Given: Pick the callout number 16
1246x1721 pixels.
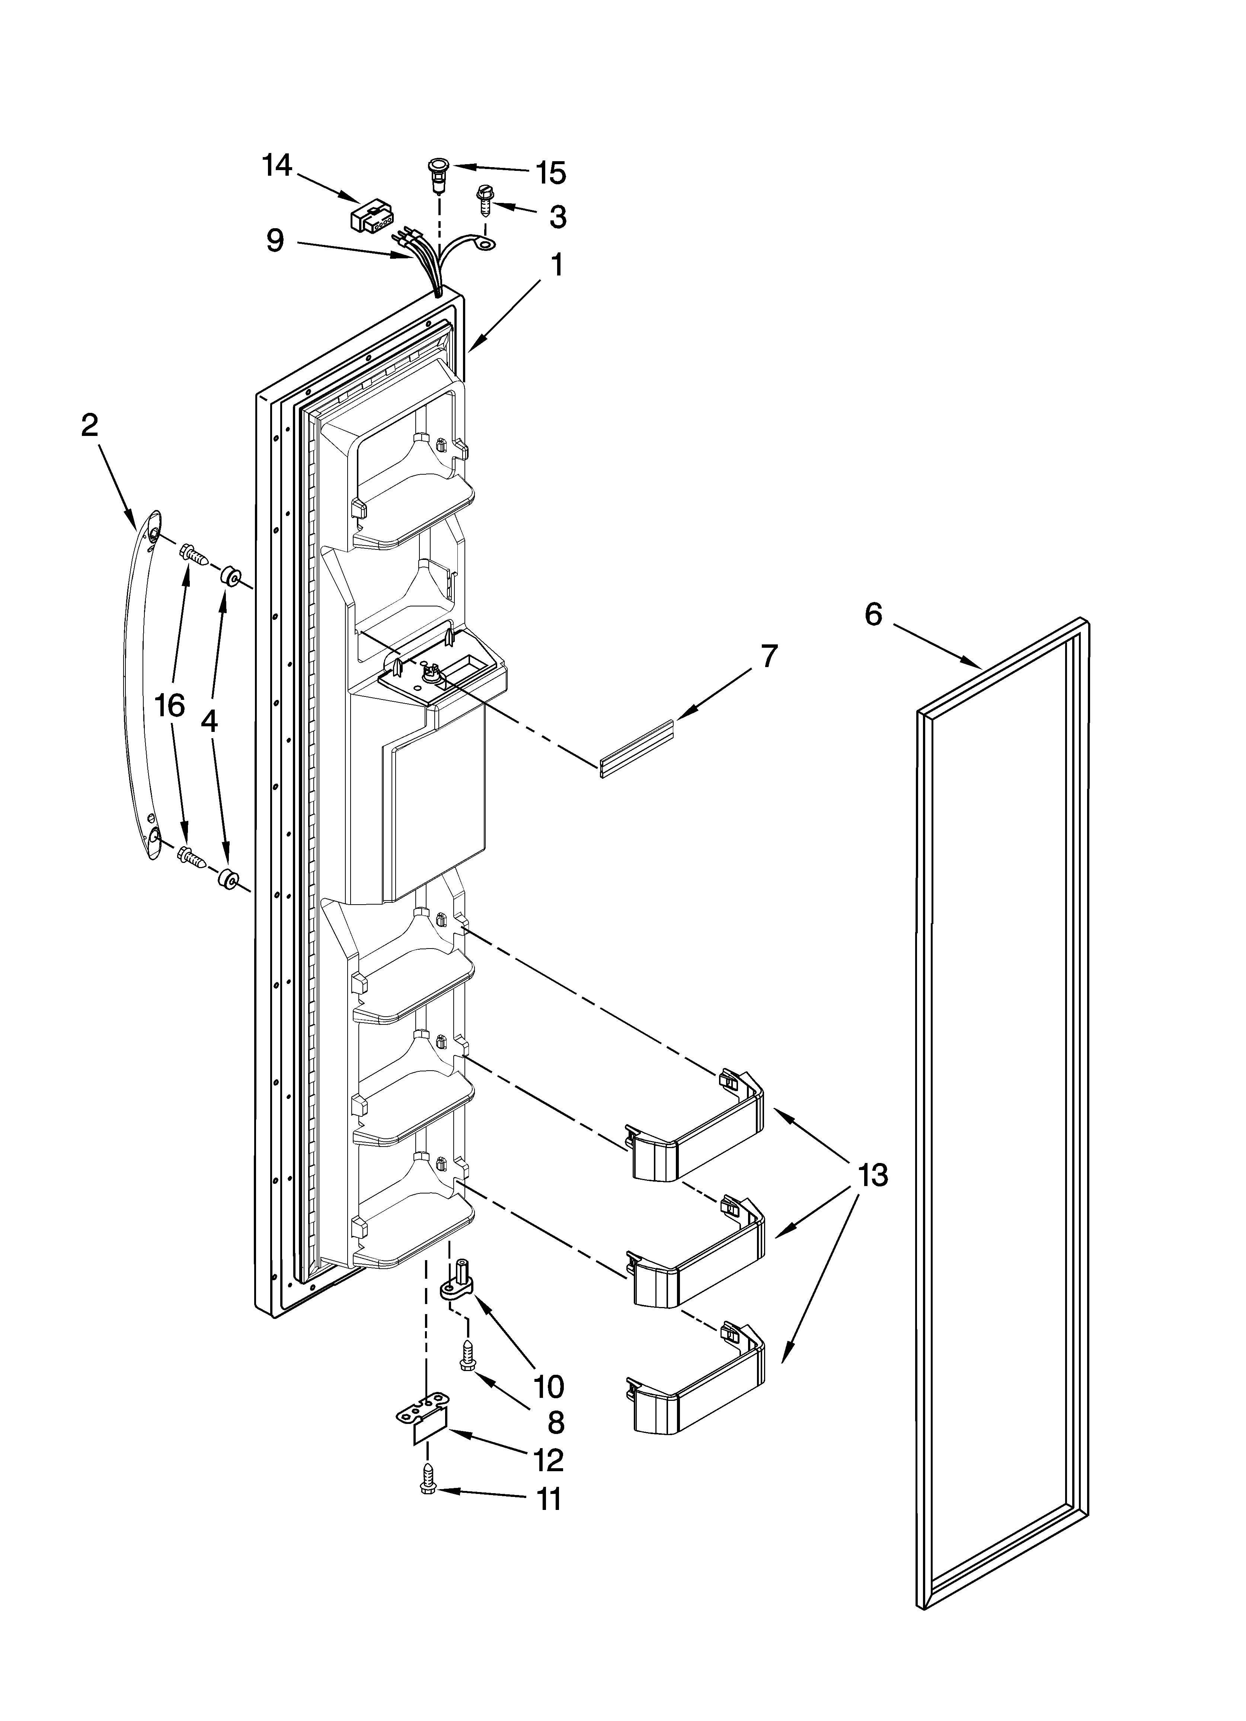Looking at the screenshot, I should [x=170, y=706].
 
